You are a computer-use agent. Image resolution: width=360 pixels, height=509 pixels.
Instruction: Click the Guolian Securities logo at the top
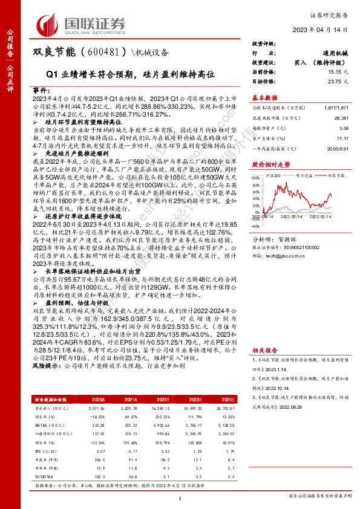pos(82,23)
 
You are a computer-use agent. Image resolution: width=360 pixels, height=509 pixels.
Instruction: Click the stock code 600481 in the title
pos(100,53)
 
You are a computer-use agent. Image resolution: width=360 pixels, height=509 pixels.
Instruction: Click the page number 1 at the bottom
pos(180,498)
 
